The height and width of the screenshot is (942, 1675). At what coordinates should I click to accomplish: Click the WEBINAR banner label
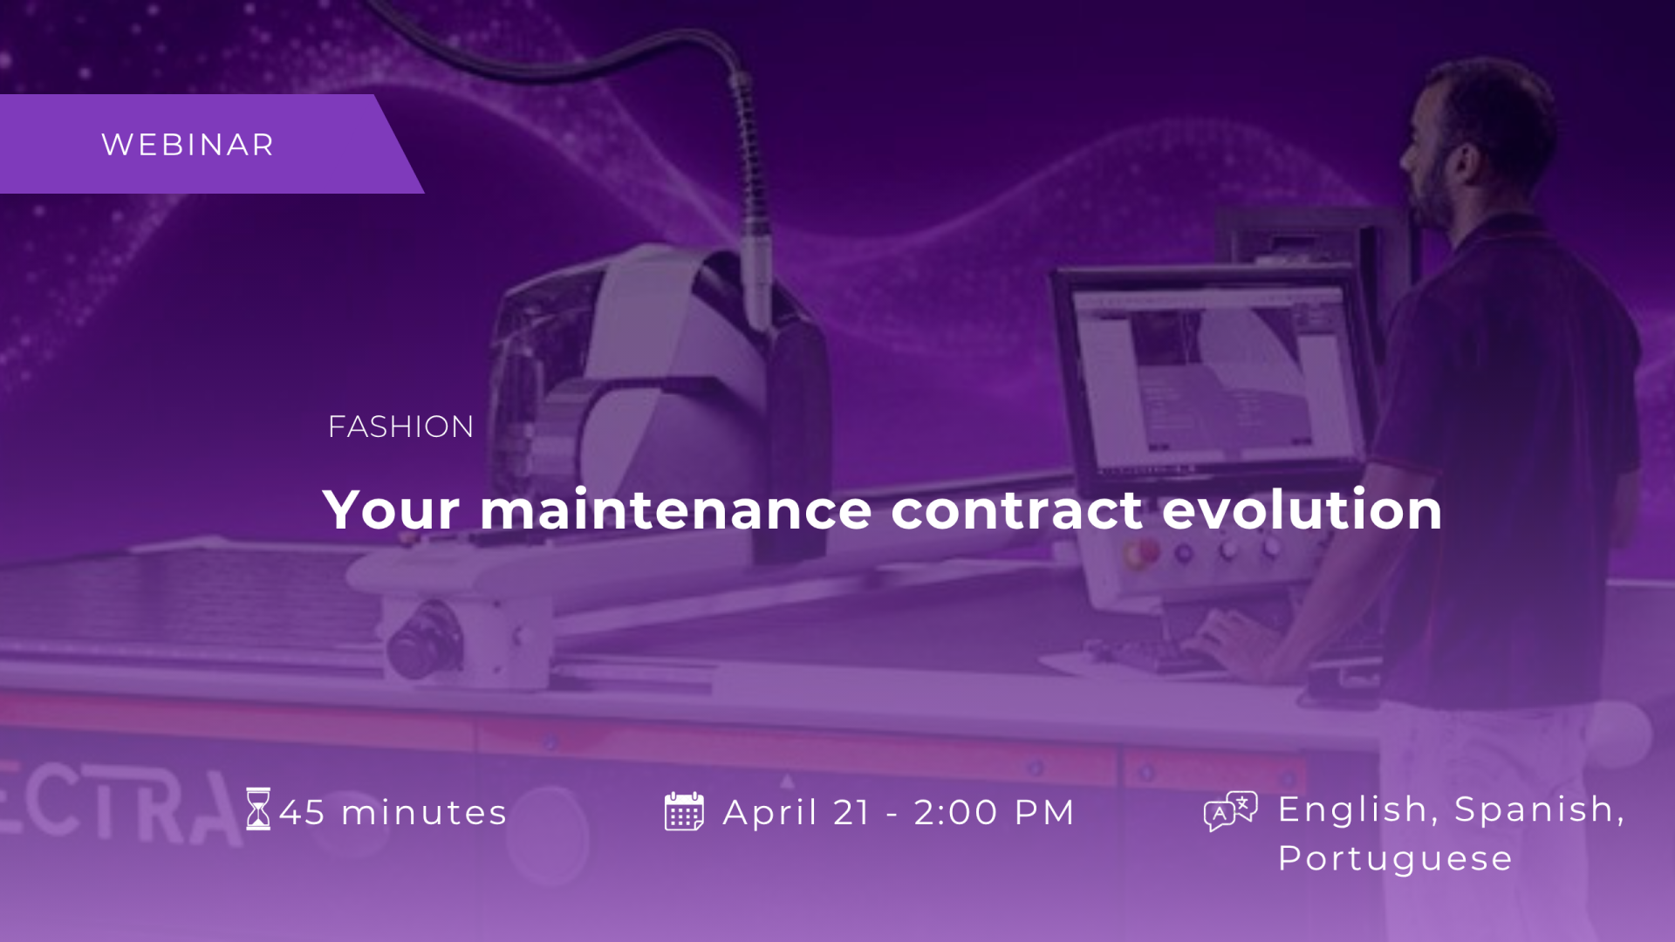(x=188, y=145)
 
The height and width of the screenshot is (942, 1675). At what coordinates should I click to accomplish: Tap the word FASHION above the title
(x=400, y=427)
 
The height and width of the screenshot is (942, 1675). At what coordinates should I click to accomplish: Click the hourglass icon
(x=258, y=809)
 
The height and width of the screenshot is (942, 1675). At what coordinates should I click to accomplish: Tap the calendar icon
(x=684, y=811)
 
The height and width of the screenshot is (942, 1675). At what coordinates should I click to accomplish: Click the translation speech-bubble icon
(x=1230, y=810)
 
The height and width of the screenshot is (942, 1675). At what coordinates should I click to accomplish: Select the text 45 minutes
(x=393, y=812)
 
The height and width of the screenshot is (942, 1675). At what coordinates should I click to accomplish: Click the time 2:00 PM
(x=995, y=812)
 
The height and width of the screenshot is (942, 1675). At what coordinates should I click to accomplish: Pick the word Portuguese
(x=1395, y=859)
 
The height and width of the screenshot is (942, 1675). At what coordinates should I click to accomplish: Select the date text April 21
(x=796, y=812)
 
